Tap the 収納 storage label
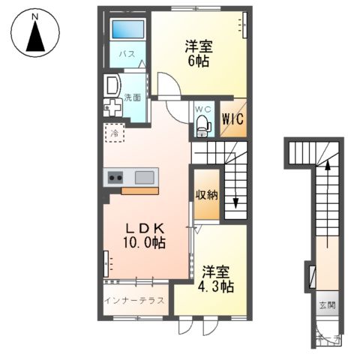tap(207, 195)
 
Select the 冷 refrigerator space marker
tap(115, 133)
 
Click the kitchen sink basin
tap(145, 177)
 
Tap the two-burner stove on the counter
tap(115, 178)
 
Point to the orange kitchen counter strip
tap(139, 190)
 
